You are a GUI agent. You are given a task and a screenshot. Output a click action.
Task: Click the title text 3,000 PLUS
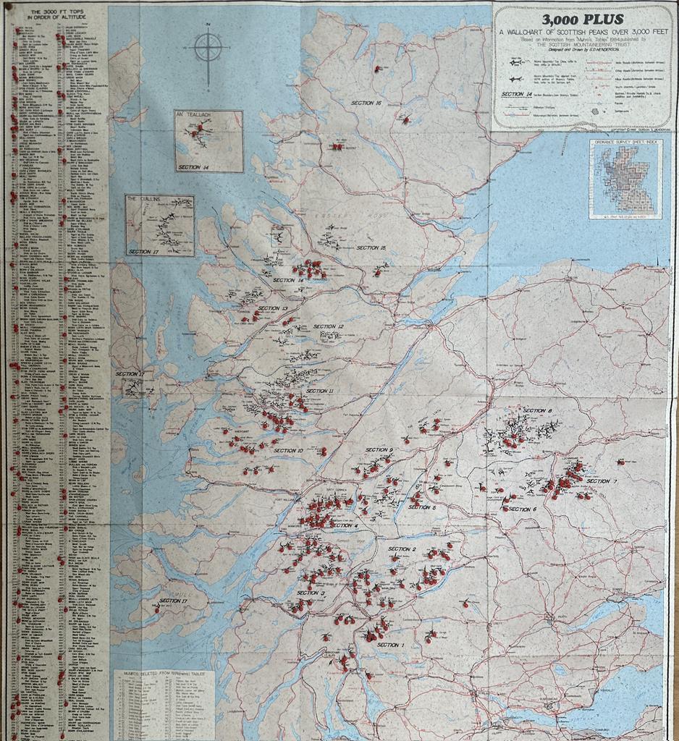pos(582,20)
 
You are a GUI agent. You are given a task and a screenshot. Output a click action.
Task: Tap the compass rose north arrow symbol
pos(208,48)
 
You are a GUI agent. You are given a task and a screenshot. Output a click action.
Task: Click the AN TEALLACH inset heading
pos(196,115)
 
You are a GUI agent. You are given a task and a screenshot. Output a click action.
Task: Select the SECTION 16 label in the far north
pos(366,103)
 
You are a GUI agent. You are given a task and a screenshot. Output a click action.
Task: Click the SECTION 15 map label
pos(371,247)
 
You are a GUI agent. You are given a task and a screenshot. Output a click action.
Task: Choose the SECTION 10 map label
pos(288,450)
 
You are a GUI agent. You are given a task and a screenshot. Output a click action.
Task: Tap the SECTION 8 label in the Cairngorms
pos(537,411)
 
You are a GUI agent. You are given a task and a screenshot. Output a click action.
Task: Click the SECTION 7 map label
pos(602,481)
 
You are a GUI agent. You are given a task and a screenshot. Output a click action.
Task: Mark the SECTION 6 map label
pos(523,509)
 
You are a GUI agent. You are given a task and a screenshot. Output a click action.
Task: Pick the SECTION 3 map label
pos(311,593)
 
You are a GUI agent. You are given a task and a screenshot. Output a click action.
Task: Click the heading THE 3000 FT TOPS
pos(55,14)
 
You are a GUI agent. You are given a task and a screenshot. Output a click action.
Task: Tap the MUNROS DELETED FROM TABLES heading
pos(164,673)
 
